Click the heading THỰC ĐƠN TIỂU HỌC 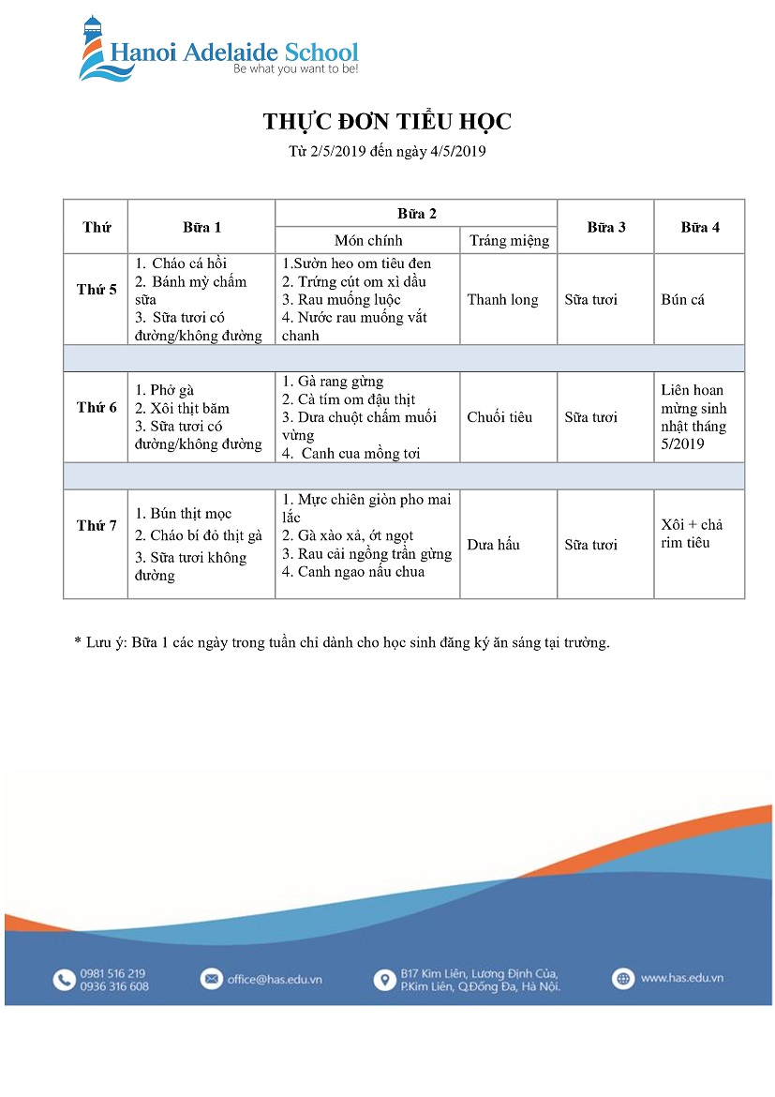pos(387,123)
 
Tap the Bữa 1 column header pos(201,227)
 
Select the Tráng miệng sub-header pos(508,241)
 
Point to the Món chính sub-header pos(367,241)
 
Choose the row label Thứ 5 pos(97,290)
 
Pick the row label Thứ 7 pos(97,526)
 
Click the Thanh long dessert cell pos(502,300)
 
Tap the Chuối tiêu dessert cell pos(499,417)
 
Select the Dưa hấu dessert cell pos(493,545)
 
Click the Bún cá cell pos(682,300)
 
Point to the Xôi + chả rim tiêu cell pos(692,533)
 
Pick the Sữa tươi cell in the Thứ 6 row pos(590,417)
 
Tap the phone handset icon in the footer pos(64,980)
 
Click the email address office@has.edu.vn pos(274,979)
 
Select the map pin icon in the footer pos(384,980)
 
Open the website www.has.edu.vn pos(681,979)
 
